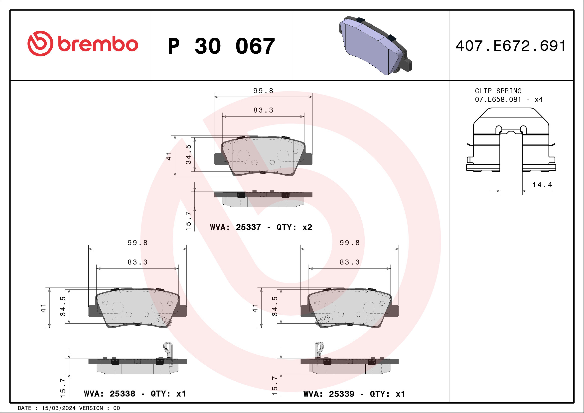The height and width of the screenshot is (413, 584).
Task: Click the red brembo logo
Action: tap(83, 44)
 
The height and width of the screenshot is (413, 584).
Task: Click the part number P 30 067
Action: tap(221, 46)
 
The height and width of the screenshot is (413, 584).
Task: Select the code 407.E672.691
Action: tap(510, 46)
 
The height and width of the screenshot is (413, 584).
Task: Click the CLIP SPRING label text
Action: tap(498, 91)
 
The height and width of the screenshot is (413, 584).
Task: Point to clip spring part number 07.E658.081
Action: tap(498, 99)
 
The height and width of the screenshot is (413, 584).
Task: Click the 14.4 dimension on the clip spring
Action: tap(542, 185)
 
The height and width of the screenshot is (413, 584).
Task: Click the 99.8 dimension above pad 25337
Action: tap(263, 91)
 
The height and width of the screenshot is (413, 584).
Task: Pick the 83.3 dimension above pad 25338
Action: tap(138, 262)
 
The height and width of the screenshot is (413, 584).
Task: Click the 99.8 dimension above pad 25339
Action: tap(350, 243)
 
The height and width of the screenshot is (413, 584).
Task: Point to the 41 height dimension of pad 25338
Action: tap(43, 308)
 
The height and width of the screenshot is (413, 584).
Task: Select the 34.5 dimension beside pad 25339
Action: tap(275, 306)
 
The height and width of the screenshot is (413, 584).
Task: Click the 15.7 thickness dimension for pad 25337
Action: tap(188, 221)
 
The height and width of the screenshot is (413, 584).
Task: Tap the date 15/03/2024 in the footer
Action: tap(58, 408)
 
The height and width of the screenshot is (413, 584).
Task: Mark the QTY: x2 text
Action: tap(294, 227)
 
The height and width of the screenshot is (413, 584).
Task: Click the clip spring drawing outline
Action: tap(511, 140)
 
